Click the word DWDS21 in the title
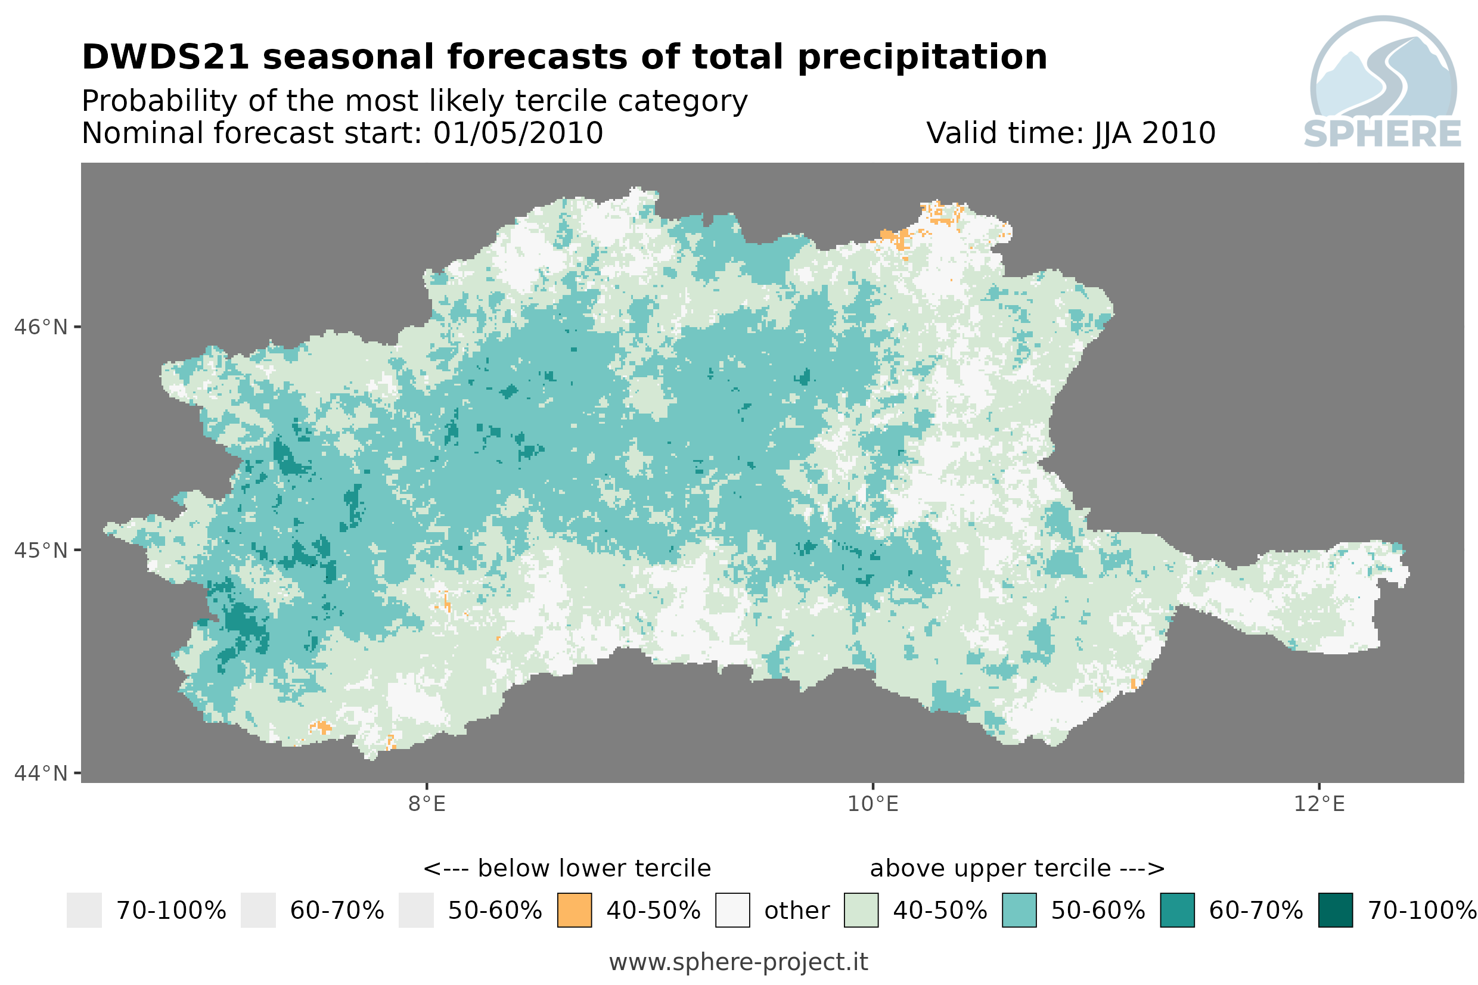click(x=166, y=57)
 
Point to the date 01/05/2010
click(x=517, y=133)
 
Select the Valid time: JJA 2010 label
click(x=1070, y=133)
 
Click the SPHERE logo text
click(x=1383, y=134)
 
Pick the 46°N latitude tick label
click(x=40, y=327)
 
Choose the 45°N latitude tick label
click(x=40, y=550)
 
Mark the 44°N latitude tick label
click(x=40, y=773)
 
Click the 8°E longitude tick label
click(x=427, y=804)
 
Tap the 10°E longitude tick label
click(x=873, y=804)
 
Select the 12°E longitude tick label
click(x=1319, y=804)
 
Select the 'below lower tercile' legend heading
click(x=594, y=868)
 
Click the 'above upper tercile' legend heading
click(x=990, y=869)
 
